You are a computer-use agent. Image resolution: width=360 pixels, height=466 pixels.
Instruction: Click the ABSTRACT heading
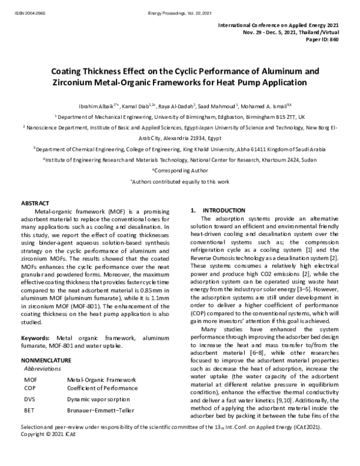point(35,204)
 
